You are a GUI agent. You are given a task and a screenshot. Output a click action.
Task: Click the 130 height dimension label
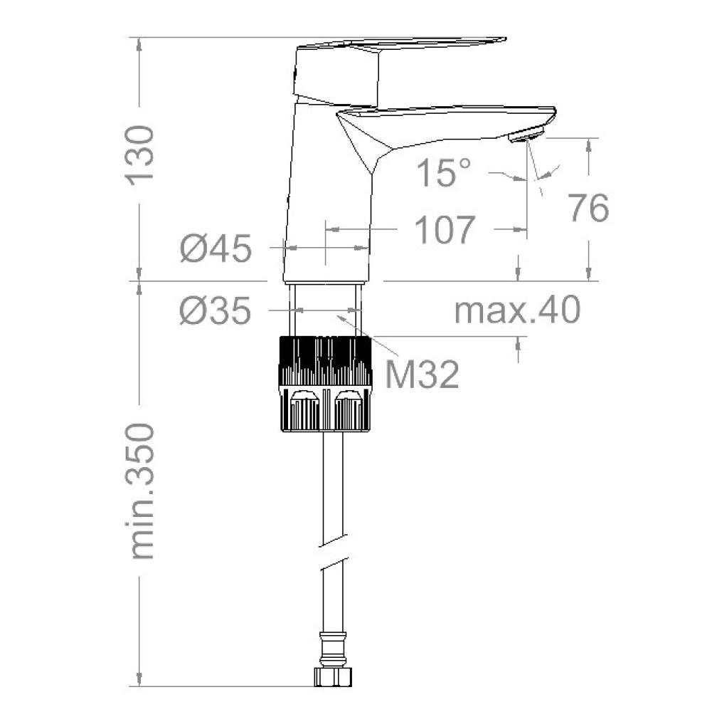tap(139, 155)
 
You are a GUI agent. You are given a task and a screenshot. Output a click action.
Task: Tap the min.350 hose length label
tap(139, 491)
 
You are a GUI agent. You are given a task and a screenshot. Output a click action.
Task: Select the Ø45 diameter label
tap(216, 248)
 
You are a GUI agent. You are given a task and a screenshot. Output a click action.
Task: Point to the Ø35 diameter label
tap(216, 310)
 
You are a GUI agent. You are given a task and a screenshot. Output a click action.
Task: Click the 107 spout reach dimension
tap(445, 229)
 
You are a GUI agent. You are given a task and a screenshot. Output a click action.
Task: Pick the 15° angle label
tap(443, 172)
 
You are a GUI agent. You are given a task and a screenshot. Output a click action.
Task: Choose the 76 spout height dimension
tap(588, 208)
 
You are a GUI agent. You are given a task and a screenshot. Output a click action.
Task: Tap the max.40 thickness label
tap(517, 310)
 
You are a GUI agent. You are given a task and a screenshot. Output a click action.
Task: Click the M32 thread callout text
tap(422, 374)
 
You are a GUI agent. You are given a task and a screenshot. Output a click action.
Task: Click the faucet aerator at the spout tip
tap(526, 136)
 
